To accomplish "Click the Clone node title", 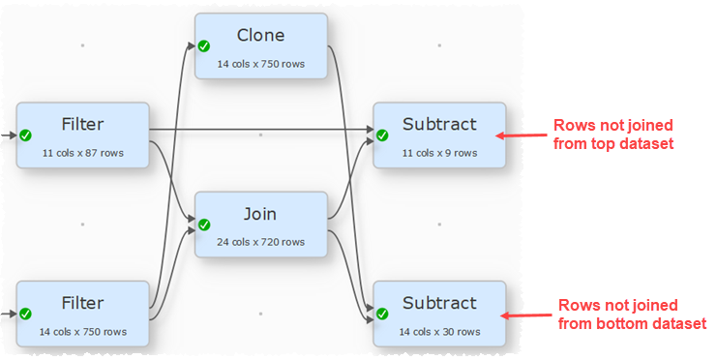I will click(261, 36).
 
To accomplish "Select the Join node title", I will click(260, 214).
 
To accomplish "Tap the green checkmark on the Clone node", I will click(204, 45).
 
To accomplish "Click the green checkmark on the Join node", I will click(204, 225).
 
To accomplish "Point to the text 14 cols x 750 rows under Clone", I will click(261, 63).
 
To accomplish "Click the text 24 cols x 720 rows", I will click(261, 242).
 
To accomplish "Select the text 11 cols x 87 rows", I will click(82, 153).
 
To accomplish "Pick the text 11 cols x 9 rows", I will click(439, 153).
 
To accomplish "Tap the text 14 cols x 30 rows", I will click(439, 331).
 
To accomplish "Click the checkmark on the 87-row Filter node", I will click(26, 135).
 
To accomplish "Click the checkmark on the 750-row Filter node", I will click(26, 314).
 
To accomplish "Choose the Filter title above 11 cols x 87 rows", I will click(82, 125).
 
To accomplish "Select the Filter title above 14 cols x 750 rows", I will click(82, 303).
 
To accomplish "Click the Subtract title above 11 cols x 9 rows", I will click(439, 125).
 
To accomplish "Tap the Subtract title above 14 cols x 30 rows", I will click(439, 303).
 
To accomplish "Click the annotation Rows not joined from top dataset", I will click(612, 135).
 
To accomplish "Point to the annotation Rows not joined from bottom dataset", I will click(632, 314).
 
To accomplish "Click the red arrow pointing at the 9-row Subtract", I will click(522, 135).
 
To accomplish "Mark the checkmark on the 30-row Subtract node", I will click(382, 314).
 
